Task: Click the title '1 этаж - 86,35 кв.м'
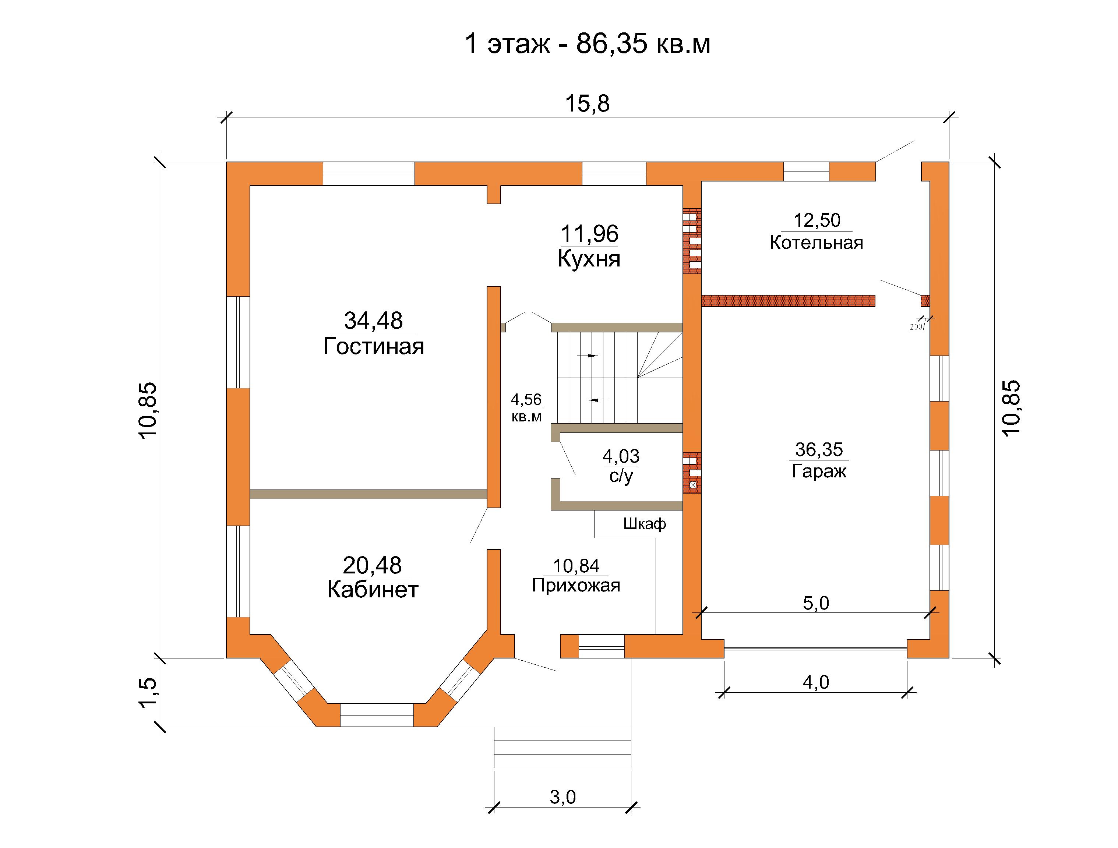[587, 44]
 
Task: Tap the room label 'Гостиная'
[374, 346]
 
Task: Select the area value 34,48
[374, 321]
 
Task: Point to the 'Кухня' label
[589, 259]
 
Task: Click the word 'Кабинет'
[373, 589]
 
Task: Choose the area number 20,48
[373, 565]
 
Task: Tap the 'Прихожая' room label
[576, 585]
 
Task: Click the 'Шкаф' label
[645, 523]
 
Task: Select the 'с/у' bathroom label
[621, 476]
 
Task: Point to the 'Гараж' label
[819, 471]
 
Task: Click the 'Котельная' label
[816, 243]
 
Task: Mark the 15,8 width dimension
[587, 103]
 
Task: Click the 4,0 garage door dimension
[816, 682]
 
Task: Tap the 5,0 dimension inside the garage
[816, 603]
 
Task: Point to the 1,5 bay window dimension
[148, 692]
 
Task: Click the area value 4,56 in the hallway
[526, 400]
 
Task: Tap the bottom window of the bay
[377, 715]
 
